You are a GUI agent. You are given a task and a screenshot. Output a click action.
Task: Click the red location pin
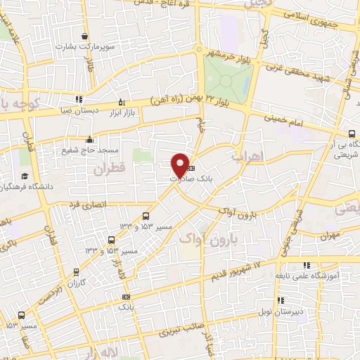point(180,163)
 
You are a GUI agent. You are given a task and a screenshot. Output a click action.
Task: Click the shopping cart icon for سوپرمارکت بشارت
point(84,37)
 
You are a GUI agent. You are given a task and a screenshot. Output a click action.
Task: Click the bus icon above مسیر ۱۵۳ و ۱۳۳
point(146,216)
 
